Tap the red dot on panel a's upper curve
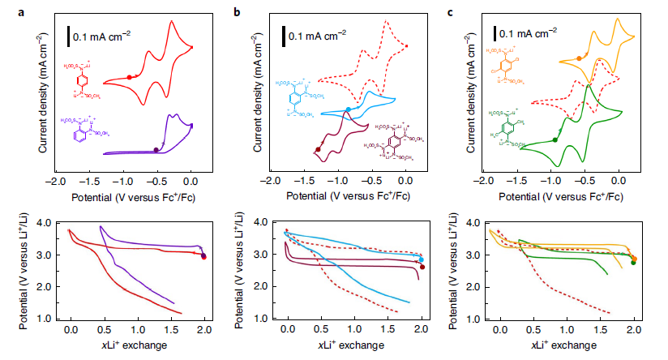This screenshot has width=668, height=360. (x=130, y=77)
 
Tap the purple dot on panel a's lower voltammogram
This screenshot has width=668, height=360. (x=156, y=149)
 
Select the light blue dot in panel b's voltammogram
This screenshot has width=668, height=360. (x=348, y=109)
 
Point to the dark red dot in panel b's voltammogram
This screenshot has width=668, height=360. (x=317, y=149)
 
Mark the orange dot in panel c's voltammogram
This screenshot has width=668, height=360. (x=578, y=58)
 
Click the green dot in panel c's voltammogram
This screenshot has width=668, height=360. (x=555, y=139)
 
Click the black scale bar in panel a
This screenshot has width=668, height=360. (x=69, y=36)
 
